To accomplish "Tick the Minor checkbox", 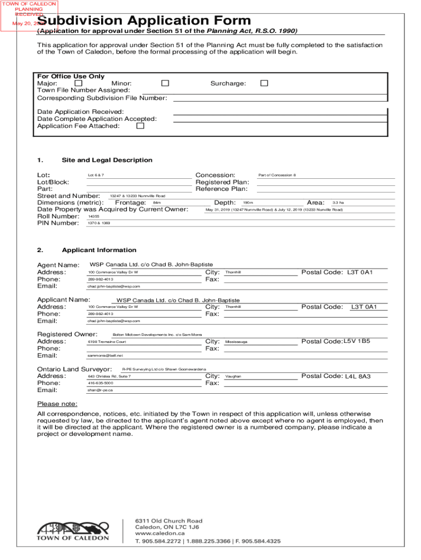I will tap(165, 83).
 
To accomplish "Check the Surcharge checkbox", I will tap(264, 83).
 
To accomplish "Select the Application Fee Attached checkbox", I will tap(140, 126).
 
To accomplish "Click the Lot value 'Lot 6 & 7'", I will tap(96, 175).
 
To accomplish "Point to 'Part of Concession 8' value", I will tap(277, 175).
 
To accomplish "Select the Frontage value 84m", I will tap(157, 203).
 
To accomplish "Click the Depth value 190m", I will tap(248, 203).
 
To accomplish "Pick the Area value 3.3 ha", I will tap(338, 203).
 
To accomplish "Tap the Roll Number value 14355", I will tap(93, 217).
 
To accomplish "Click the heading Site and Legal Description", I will tap(107, 160).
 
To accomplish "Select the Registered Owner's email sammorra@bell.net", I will tap(102, 356).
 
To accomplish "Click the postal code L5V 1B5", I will tap(356, 341).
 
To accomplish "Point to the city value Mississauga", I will tap(236, 342).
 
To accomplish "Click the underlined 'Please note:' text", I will tap(57, 404).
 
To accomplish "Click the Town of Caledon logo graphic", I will tap(73, 529).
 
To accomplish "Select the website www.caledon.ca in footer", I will tap(159, 533).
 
